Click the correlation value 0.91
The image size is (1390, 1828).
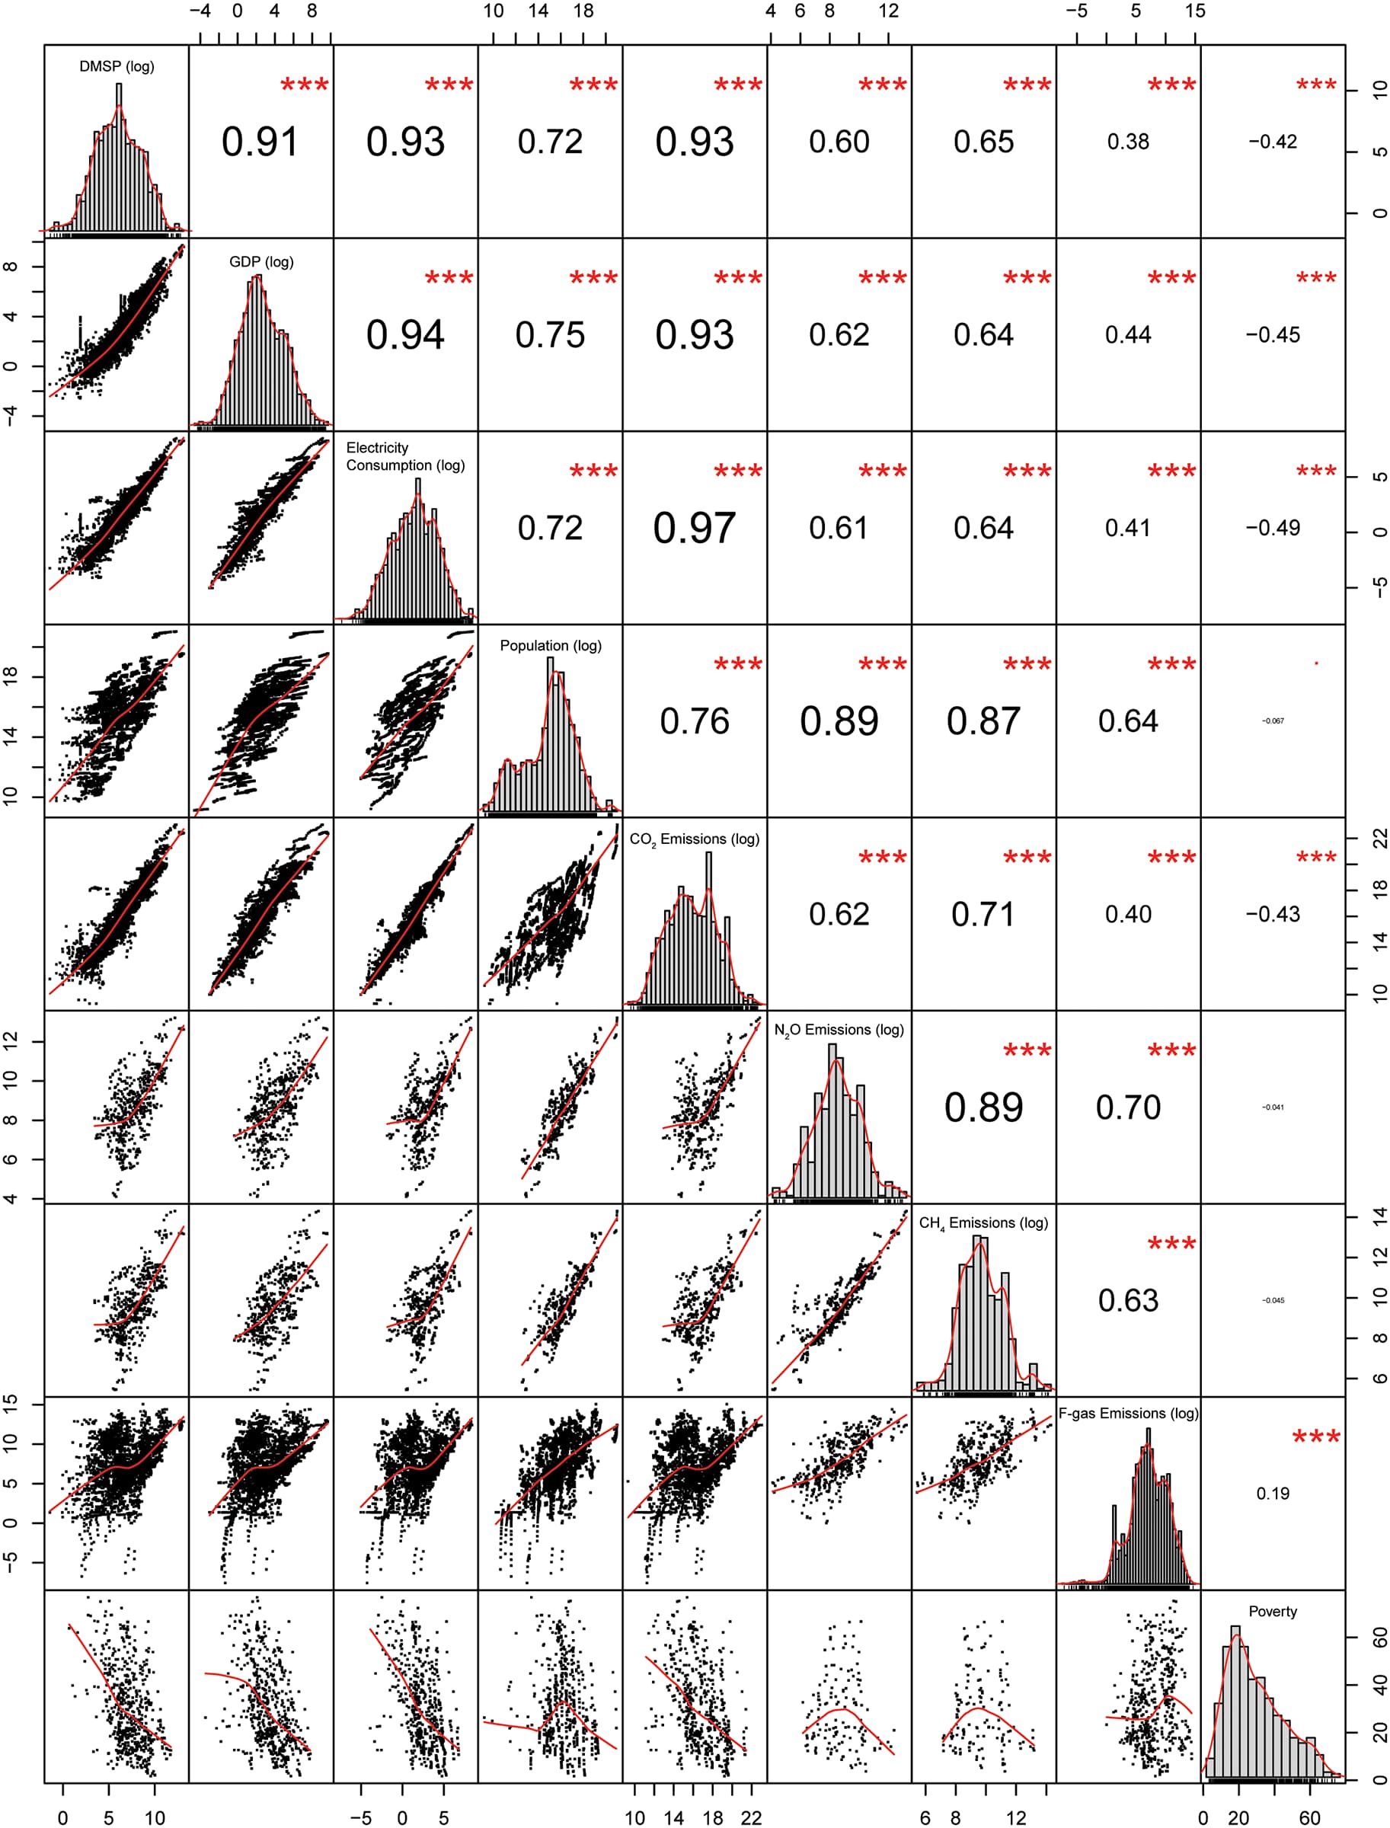click(x=260, y=142)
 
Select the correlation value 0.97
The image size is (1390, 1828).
click(x=694, y=528)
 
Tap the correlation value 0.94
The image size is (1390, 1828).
click(x=405, y=335)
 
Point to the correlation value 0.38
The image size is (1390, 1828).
click(x=1128, y=142)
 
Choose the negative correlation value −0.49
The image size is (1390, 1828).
click(x=1273, y=528)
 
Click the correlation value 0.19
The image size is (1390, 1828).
click(x=1273, y=1494)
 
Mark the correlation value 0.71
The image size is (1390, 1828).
click(x=983, y=915)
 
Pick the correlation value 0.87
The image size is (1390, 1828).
click(x=983, y=721)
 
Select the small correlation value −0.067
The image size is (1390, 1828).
click(x=1273, y=721)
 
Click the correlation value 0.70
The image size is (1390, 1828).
click(x=1128, y=1107)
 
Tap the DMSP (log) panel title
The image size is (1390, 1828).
click(x=117, y=66)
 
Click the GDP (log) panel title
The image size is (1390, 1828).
click(x=261, y=261)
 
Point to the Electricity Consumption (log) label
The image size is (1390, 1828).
click(x=405, y=457)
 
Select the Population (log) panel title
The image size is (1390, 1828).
click(x=550, y=645)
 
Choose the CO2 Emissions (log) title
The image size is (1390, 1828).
click(x=694, y=839)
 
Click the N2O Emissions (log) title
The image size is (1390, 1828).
click(x=839, y=1031)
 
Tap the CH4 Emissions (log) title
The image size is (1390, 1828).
click(x=983, y=1223)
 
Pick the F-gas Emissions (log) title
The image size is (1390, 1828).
click(x=1128, y=1414)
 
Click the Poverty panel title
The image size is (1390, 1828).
click(x=1273, y=1611)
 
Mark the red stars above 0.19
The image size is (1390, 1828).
click(x=1315, y=1437)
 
